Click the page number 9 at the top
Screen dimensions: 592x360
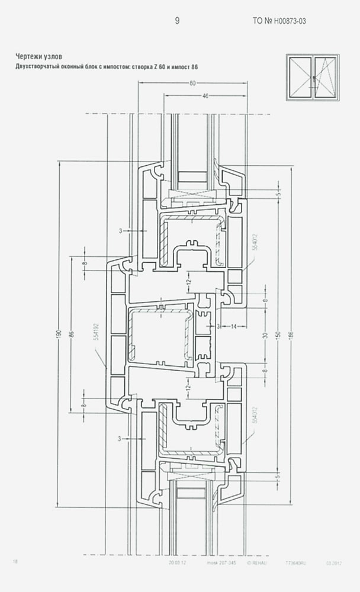(x=177, y=21)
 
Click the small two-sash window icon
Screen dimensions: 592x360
(x=313, y=77)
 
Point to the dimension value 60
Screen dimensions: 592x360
(x=193, y=83)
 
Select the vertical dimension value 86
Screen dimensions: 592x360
(x=72, y=334)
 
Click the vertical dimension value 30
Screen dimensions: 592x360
(x=265, y=336)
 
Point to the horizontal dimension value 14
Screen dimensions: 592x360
(x=234, y=326)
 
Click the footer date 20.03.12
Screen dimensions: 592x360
(x=177, y=561)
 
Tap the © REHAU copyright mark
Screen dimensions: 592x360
(x=257, y=561)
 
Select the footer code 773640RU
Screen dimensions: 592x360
(x=295, y=561)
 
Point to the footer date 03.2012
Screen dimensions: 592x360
(x=333, y=561)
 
